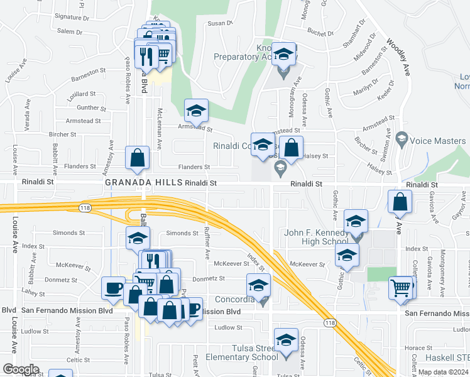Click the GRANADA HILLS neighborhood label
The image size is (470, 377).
tap(143, 183)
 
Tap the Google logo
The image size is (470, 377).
tap(20, 369)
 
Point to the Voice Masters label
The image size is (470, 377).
tap(439, 142)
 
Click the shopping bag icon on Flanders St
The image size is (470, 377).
tap(137, 158)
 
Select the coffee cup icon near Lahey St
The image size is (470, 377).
tap(114, 287)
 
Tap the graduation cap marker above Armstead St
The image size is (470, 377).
tap(196, 111)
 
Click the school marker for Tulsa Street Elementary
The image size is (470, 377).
tap(287, 340)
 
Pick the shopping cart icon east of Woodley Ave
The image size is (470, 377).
tap(400, 288)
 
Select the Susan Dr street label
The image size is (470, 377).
tap(221, 23)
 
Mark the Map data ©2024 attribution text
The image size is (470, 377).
tap(442, 372)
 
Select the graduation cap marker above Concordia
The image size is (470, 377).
tap(258, 285)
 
